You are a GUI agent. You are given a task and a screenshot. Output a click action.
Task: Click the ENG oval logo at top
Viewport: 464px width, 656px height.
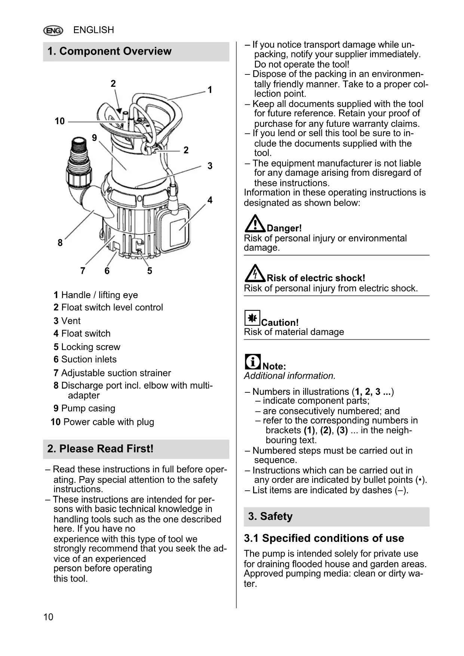click(x=53, y=30)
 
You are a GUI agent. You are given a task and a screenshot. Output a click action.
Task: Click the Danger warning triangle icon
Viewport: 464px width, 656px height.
click(x=255, y=223)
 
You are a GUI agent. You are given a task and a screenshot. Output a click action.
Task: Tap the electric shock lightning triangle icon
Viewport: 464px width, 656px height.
click(x=255, y=273)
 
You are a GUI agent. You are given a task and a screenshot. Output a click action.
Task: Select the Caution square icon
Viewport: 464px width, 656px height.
click(x=252, y=318)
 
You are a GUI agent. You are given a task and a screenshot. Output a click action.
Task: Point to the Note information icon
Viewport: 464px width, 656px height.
click(x=253, y=362)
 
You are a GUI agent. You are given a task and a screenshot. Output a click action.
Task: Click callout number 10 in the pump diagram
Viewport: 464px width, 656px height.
click(x=59, y=121)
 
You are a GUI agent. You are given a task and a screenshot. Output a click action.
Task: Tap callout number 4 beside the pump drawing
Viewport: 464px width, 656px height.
click(x=210, y=200)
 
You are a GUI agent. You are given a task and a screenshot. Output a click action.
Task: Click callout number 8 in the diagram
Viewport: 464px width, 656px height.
click(x=60, y=243)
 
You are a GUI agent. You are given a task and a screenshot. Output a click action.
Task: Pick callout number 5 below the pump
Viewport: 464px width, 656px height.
click(x=150, y=271)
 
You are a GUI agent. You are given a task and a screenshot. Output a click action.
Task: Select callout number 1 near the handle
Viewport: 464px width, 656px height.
click(x=210, y=90)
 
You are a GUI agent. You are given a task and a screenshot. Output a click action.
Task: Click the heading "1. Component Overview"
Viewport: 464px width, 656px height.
click(x=110, y=51)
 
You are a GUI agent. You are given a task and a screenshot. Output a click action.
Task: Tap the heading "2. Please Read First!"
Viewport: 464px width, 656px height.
click(x=100, y=449)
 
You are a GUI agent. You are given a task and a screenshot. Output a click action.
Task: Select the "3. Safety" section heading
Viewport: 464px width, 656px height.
click(x=270, y=516)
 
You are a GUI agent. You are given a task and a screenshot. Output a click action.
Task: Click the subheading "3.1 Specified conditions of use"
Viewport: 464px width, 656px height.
click(x=324, y=538)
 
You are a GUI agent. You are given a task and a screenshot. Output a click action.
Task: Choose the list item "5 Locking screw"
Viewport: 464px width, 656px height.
click(x=87, y=347)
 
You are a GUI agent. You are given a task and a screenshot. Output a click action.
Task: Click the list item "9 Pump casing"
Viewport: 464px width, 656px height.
click(x=84, y=408)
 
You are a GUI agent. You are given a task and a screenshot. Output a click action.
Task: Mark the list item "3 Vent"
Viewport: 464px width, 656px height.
click(x=67, y=321)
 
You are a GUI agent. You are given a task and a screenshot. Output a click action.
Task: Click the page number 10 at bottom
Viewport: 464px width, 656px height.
click(x=48, y=617)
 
